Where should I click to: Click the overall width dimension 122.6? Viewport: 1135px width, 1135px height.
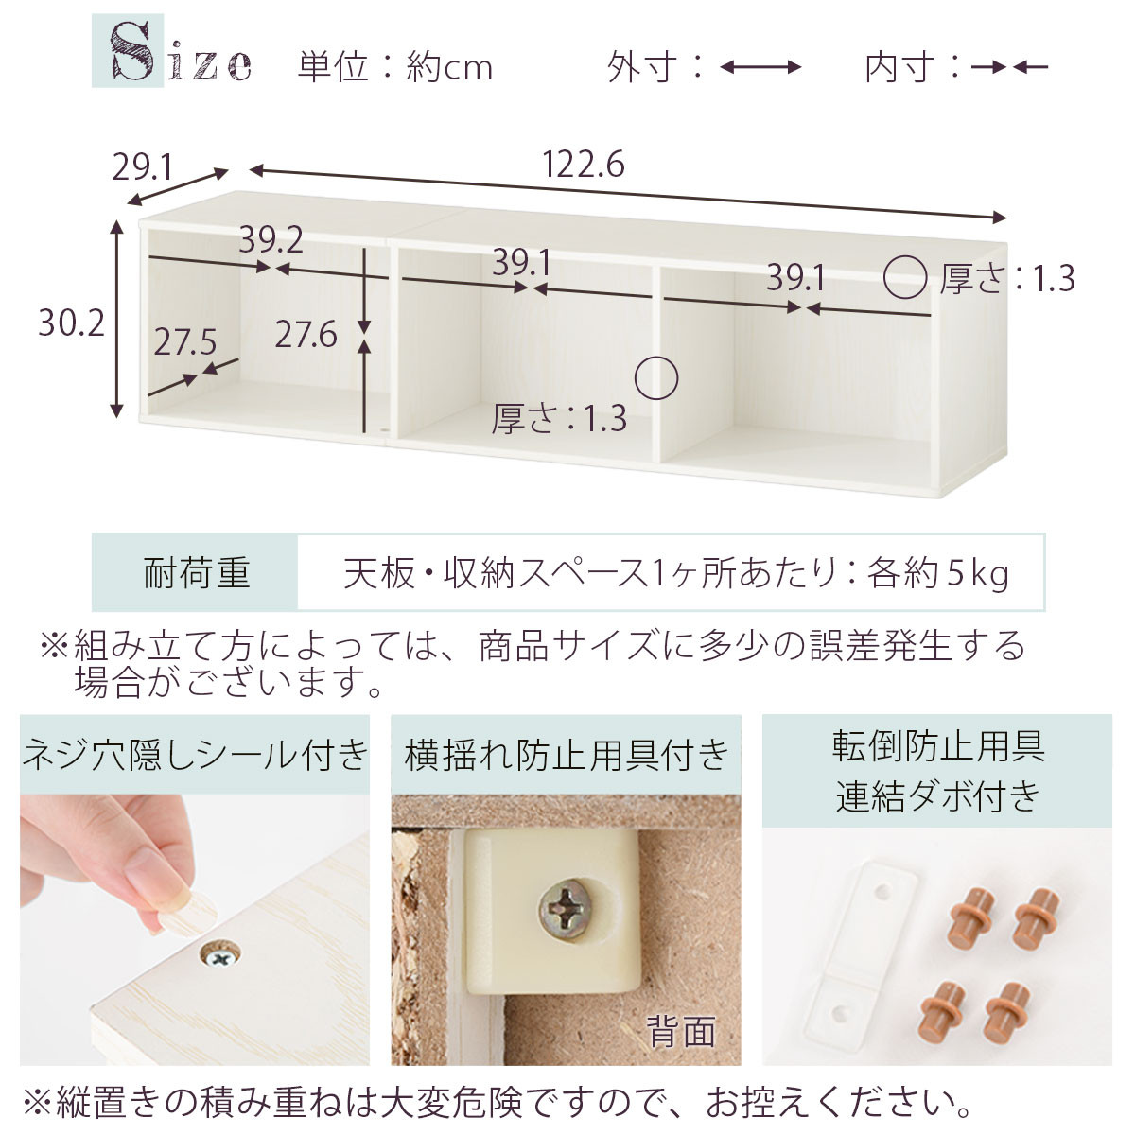point(583,166)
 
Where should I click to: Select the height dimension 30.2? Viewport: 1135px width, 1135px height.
point(71,323)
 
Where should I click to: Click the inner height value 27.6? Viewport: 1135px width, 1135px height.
point(306,334)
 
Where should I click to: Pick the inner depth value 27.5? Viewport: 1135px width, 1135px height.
point(185,341)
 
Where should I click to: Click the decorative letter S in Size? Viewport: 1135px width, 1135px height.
point(132,52)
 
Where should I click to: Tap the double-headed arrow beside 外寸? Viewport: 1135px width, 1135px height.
point(760,67)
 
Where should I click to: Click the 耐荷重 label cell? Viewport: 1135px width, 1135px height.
point(196,573)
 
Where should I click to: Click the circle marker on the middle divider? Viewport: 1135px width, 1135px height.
point(656,378)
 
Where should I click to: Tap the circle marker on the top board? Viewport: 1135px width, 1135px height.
point(905,276)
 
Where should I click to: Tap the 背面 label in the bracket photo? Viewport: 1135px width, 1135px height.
point(680,1030)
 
